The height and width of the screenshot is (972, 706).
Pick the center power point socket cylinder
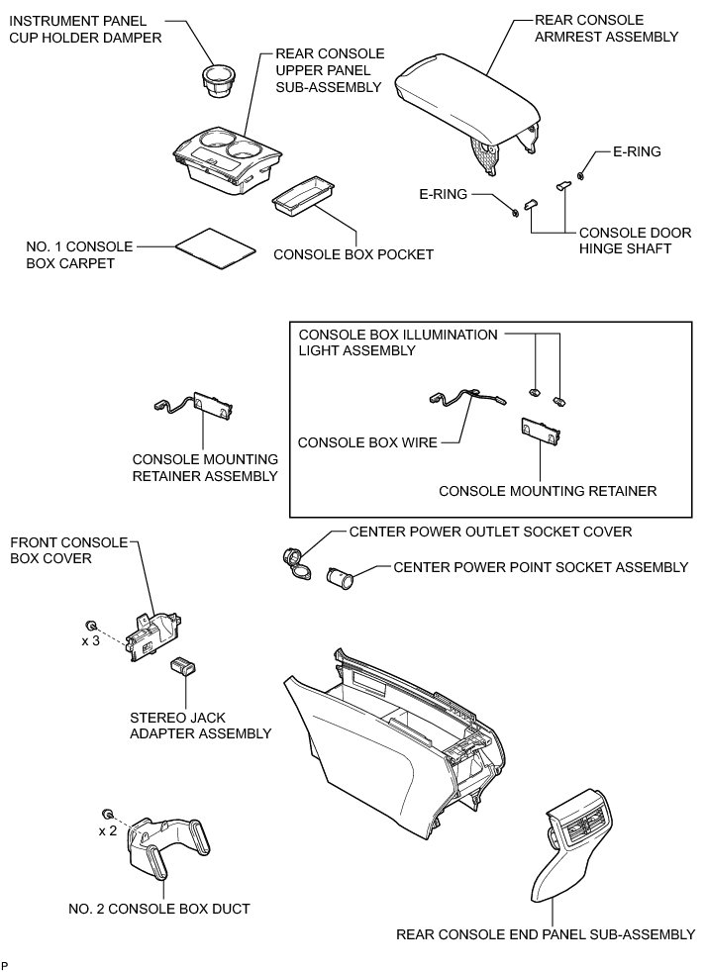342,577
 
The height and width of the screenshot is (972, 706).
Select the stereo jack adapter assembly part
184,667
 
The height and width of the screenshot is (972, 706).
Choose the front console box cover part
153,634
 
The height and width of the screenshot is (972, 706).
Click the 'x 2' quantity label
108,830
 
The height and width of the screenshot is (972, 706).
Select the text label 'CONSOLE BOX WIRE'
367,442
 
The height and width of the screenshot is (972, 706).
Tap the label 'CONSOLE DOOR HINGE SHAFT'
626,240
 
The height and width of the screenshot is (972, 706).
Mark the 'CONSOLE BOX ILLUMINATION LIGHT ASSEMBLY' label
398,342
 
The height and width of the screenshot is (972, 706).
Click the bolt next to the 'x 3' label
91,626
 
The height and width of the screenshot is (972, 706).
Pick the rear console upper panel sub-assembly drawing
223,159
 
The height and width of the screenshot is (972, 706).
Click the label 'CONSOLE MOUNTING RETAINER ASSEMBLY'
205,468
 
